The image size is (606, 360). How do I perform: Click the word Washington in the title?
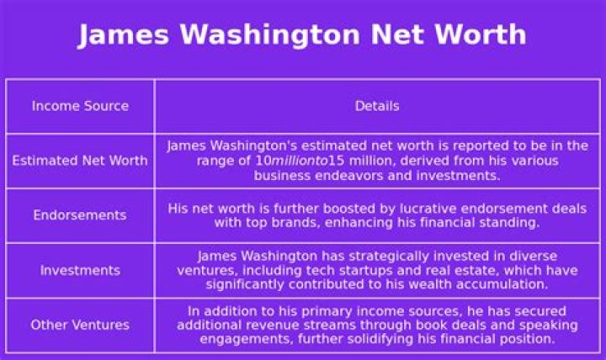coord(270,34)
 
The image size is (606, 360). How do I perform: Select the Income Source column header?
coord(81,106)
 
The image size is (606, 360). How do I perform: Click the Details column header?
coord(377,106)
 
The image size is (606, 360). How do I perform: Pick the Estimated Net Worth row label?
coord(80,161)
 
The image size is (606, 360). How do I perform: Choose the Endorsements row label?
coord(80,214)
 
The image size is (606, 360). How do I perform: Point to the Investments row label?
coord(81,270)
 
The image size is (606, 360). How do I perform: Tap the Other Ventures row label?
coord(80,325)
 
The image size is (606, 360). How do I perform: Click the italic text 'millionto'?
coord(300,161)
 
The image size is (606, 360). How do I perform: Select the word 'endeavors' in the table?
coord(349,176)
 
